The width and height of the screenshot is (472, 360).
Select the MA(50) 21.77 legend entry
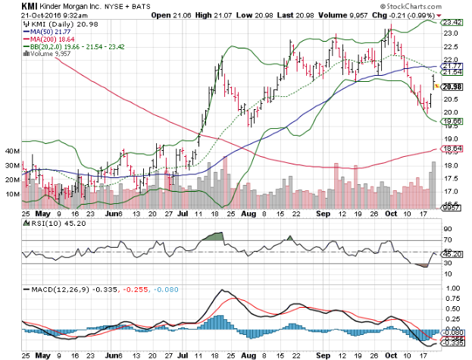[x=48, y=30]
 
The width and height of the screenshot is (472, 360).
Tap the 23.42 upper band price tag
[x=452, y=23]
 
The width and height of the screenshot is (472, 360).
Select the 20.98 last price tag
[x=452, y=87]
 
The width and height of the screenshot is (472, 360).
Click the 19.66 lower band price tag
[x=452, y=121]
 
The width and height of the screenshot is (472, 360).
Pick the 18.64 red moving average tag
[x=452, y=149]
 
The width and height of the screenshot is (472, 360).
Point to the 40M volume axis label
[x=12, y=152]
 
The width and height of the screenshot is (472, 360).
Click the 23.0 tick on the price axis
[x=450, y=34]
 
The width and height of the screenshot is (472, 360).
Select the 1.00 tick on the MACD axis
[x=449, y=288]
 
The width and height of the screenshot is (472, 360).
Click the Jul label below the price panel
[x=182, y=214]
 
